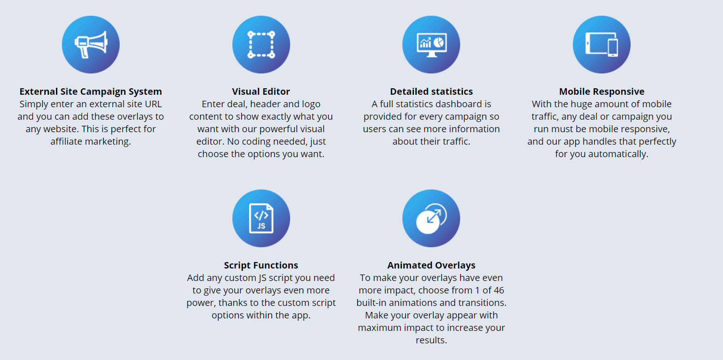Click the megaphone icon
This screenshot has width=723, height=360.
(91, 44)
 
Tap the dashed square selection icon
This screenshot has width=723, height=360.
(261, 44)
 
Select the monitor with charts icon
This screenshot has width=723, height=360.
(431, 45)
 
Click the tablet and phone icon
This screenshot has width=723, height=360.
(601, 44)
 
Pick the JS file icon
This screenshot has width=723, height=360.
(261, 218)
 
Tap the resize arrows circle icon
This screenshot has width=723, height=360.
(431, 218)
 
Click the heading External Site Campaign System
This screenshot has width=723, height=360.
(91, 92)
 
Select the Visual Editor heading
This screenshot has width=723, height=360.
(261, 92)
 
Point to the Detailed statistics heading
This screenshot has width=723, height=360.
(431, 92)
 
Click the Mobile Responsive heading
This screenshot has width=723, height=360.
(601, 92)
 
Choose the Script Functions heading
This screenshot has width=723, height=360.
(261, 265)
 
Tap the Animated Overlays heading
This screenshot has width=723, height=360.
(431, 265)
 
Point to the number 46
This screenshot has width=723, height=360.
(498, 290)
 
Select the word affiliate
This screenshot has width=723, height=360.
(67, 141)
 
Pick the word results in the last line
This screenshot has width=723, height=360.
(431, 340)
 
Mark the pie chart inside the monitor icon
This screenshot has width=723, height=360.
(438, 42)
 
